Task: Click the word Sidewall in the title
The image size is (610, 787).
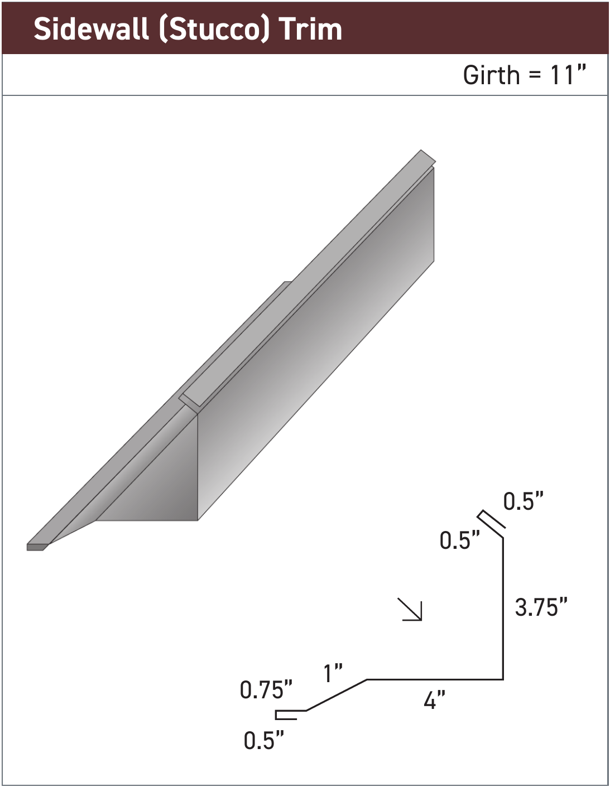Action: coord(92,29)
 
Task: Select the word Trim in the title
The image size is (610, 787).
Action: coord(310,29)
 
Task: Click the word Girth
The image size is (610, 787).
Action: coord(491,75)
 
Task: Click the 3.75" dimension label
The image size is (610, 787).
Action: coord(541,607)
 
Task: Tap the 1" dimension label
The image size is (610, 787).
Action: coord(333,673)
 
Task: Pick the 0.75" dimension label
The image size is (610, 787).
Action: coord(266,690)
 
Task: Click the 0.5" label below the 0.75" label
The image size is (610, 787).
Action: coord(264,740)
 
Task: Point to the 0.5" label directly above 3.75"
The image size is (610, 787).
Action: coord(523,501)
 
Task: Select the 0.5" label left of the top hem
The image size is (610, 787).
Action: coord(459,540)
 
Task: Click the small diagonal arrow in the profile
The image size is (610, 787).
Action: coord(411,610)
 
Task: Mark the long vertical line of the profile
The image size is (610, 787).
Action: coord(503,608)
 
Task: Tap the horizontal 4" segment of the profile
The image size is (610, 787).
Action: coord(435,679)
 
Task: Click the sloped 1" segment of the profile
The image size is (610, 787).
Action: coord(337,695)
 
